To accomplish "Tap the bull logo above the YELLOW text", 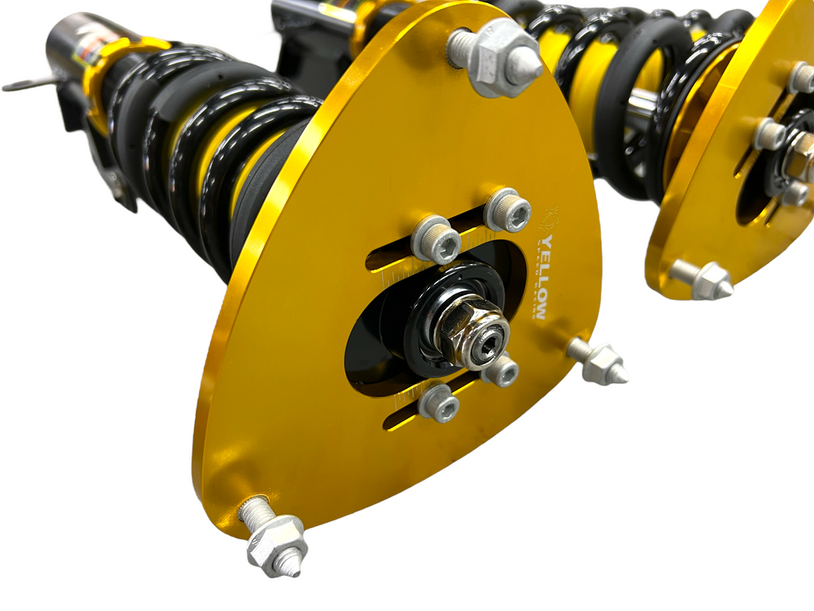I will pyautogui.click(x=550, y=215).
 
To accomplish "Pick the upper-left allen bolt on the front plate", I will pyautogui.click(x=435, y=239).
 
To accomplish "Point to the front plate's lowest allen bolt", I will pyautogui.click(x=438, y=404).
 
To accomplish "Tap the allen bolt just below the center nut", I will pyautogui.click(x=500, y=371).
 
